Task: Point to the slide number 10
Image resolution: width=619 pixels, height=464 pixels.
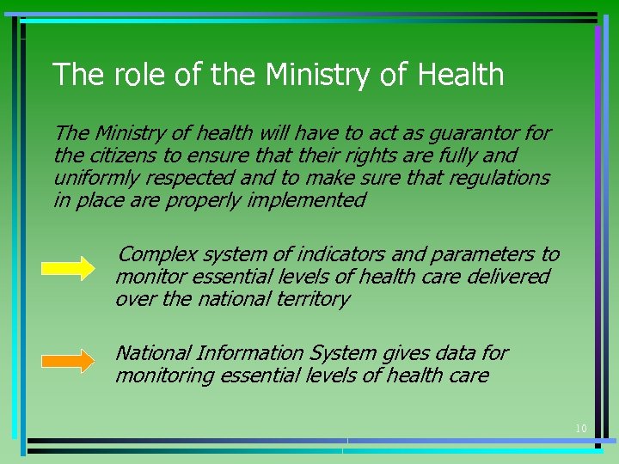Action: point(581,428)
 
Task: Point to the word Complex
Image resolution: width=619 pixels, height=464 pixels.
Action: point(154,254)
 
